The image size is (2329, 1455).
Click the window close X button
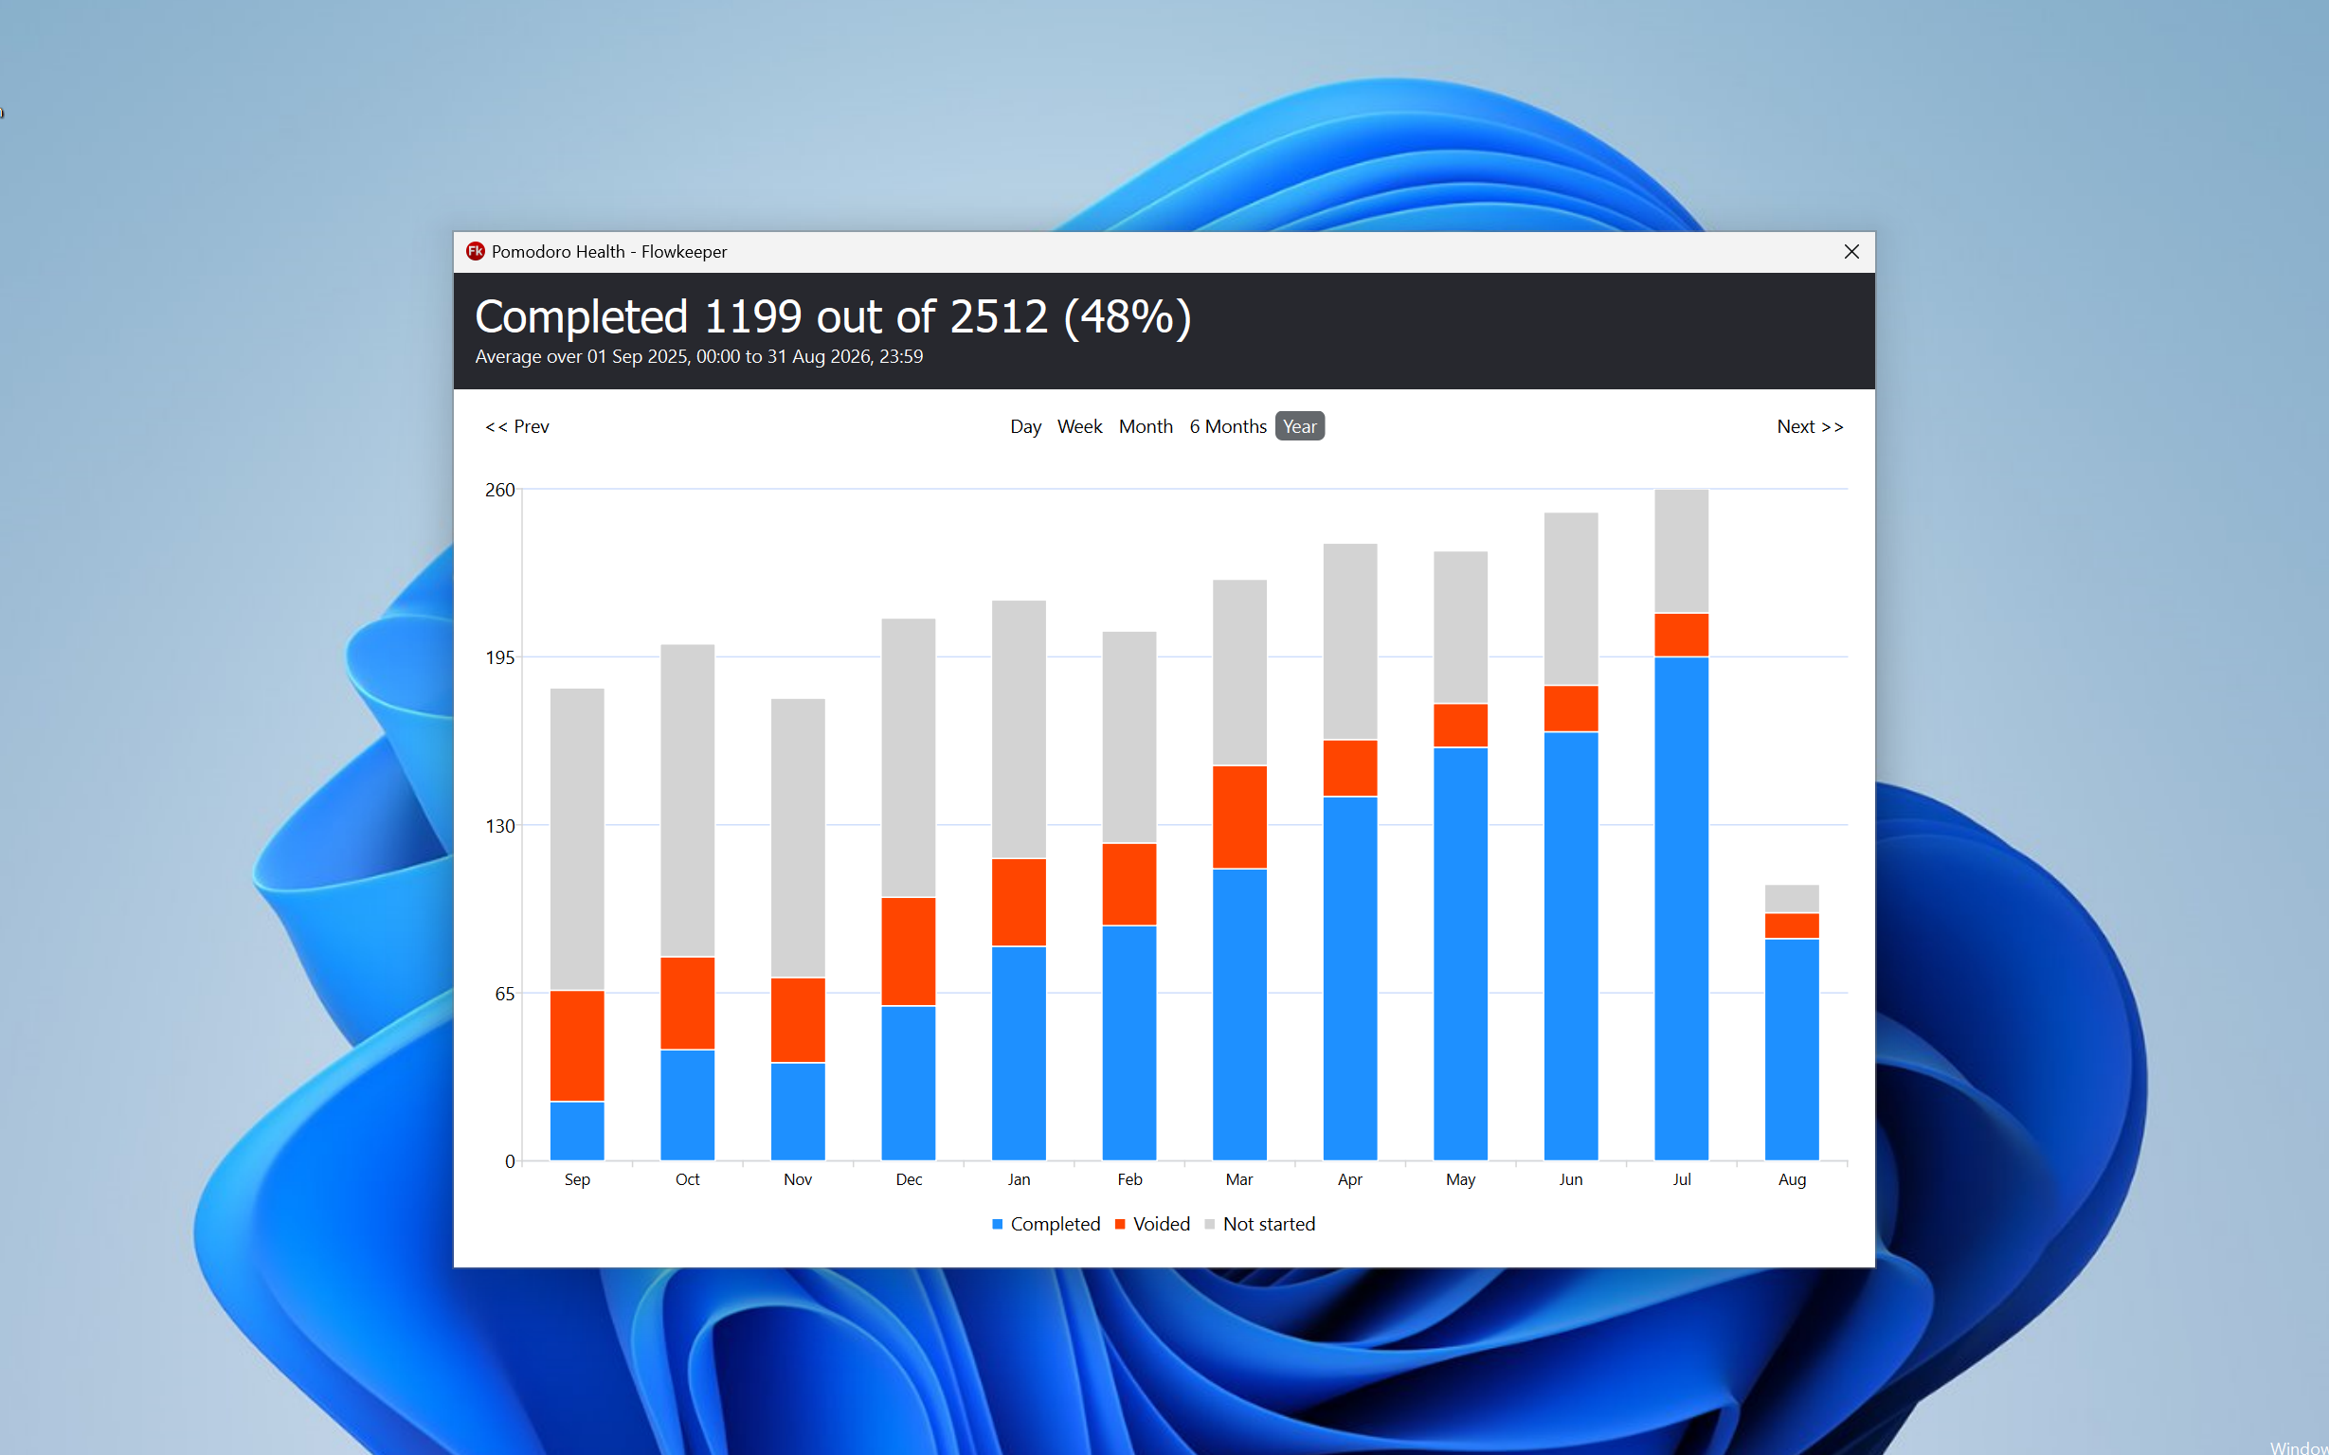coord(1851,251)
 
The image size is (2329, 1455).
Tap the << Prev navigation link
coord(516,426)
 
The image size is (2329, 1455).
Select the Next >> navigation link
coord(1810,426)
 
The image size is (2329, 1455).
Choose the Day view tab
coord(1025,426)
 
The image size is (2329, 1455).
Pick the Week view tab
coord(1079,426)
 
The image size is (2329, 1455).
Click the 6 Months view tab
coord(1227,426)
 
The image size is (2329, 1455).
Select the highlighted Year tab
coord(1299,426)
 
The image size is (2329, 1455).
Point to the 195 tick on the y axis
coord(499,657)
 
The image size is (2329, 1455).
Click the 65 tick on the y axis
coord(504,993)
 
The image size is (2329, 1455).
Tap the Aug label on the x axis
coord(1791,1178)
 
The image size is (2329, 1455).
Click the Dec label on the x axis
coord(909,1178)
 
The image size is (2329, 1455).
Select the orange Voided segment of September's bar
coord(576,1046)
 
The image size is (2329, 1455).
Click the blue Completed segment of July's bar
coord(1680,908)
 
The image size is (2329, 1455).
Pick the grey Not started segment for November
coord(797,838)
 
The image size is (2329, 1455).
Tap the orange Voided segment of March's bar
coord(1238,817)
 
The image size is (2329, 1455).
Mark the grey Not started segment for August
coord(1791,899)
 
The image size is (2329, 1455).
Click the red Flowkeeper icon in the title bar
coord(475,251)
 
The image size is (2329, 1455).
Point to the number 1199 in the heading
coord(752,316)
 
